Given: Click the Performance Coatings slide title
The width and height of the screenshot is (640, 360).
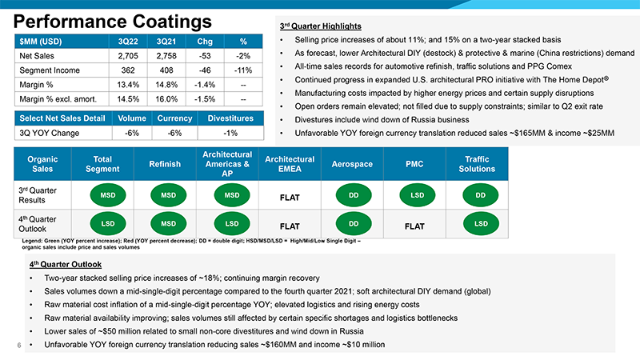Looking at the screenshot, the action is click(x=113, y=22).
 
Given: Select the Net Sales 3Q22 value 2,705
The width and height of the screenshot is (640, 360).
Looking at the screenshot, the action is click(x=128, y=56).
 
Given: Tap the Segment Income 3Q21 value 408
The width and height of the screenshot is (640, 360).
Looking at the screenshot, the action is click(x=166, y=70).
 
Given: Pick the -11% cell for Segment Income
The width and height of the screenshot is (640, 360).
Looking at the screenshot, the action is click(x=243, y=70).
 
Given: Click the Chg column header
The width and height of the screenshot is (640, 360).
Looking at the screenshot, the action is click(x=205, y=42).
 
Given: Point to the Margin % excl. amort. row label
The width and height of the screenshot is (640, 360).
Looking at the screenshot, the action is click(x=58, y=99).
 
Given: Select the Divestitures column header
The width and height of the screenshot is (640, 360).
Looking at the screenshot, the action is click(x=230, y=118).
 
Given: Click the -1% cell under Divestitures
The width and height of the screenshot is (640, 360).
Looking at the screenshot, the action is click(x=230, y=133).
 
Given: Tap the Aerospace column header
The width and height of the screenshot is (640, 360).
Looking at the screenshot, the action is click(x=352, y=164).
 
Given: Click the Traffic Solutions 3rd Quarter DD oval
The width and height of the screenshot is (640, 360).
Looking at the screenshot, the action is click(x=481, y=195).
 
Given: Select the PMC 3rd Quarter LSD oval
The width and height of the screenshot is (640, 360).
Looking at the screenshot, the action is click(x=417, y=195).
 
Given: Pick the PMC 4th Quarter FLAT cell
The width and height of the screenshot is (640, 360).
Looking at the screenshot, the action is click(x=414, y=226).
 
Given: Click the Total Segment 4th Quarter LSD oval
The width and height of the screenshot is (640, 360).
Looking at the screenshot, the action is click(x=108, y=224).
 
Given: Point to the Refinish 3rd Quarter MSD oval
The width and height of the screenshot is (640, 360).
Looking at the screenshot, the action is click(x=168, y=195).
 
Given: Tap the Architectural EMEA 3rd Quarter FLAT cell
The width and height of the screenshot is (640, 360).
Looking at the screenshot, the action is click(x=290, y=198).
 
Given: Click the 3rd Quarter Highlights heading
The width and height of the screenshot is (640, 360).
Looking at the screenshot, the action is click(x=321, y=26).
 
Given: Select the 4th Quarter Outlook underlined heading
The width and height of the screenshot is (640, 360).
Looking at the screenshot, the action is click(x=66, y=265).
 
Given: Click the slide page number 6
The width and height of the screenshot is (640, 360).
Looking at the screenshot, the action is click(x=18, y=346).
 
